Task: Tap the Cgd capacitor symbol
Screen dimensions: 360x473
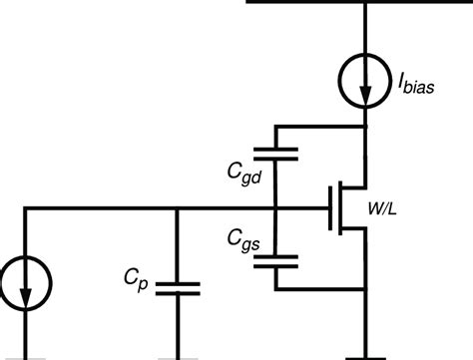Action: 276,154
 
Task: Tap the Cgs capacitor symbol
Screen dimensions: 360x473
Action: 276,261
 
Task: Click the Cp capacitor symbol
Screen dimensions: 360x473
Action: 177,288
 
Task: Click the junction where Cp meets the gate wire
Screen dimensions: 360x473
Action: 177,208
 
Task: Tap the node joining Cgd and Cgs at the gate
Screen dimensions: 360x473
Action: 276,208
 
